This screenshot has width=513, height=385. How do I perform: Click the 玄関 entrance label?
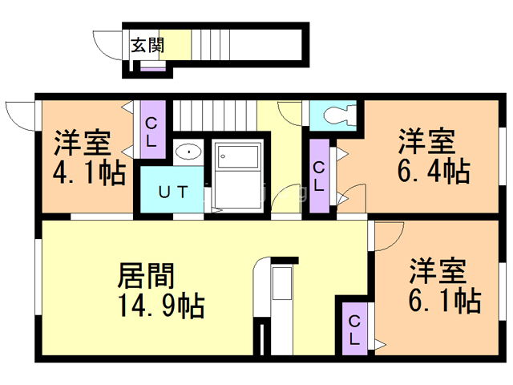point(147,45)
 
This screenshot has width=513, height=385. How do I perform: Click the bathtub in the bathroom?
point(238,172)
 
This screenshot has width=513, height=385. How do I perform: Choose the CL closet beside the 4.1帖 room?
point(152,129)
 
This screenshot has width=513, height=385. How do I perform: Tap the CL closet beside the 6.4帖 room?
point(319,176)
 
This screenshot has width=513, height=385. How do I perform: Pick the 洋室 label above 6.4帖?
point(428,141)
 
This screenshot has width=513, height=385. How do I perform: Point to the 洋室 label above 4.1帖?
point(83,144)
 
